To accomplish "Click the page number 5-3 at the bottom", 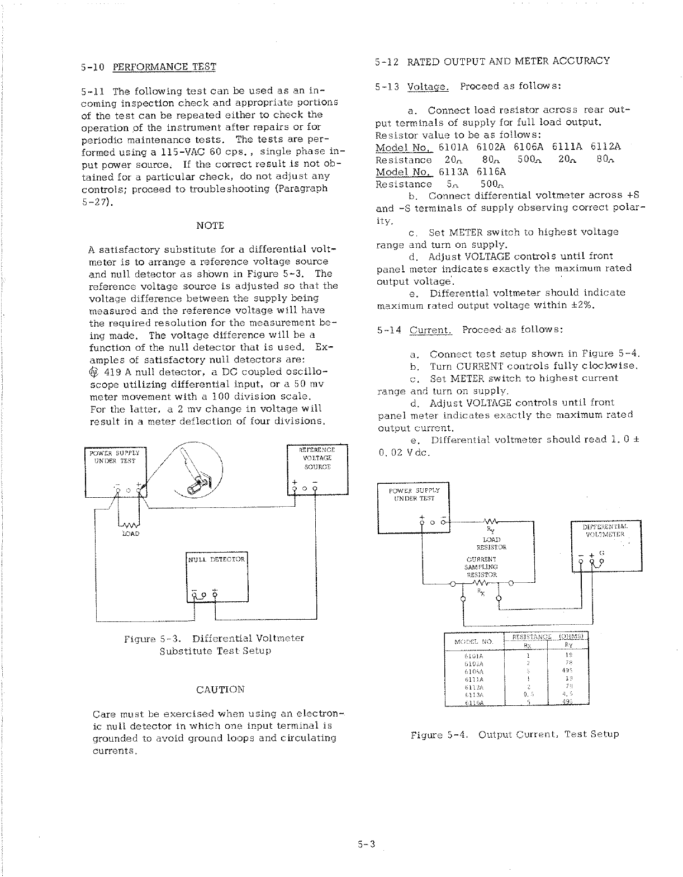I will point(366,845).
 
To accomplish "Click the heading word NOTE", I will point(210,225).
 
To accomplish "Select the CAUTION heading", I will point(220,689).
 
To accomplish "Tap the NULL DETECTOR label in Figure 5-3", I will point(216,559).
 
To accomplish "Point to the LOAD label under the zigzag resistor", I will point(130,534).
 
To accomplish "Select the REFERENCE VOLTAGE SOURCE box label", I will point(317,458).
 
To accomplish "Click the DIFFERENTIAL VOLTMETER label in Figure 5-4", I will point(605,530).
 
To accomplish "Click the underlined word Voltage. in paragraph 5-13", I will point(428,87).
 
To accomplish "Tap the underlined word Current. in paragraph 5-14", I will point(430,330).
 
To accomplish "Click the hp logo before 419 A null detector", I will point(93,372).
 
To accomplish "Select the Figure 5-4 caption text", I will point(514,734).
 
